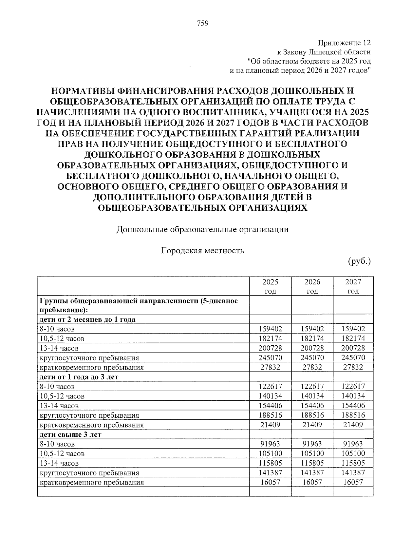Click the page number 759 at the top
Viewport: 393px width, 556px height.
[x=203, y=23]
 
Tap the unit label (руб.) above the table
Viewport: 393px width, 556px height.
[x=359, y=261]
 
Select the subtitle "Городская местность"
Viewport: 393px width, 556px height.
[x=203, y=251]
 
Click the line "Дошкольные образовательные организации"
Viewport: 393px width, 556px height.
[x=203, y=229]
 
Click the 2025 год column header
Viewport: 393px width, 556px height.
[x=270, y=287]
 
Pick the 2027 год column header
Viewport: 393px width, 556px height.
[x=353, y=287]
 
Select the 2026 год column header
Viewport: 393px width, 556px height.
[x=312, y=287]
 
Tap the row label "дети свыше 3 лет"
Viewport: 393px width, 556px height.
[x=70, y=435]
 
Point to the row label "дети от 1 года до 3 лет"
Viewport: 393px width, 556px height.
[x=79, y=377]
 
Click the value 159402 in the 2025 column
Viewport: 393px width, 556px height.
[x=270, y=329]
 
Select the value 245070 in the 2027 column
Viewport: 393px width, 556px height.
[x=353, y=358]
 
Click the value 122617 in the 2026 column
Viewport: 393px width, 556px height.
[x=312, y=387]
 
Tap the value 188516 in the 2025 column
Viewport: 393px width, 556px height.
[x=270, y=415]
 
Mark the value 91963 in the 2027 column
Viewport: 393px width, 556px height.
[x=353, y=444]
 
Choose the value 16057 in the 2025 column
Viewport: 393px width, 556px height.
[x=270, y=483]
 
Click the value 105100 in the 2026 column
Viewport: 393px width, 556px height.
[x=312, y=454]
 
